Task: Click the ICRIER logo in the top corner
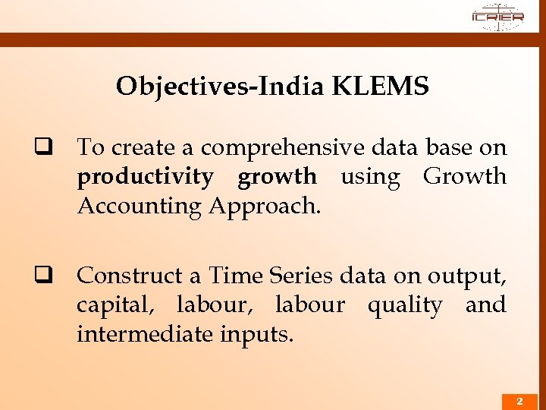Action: click(x=497, y=17)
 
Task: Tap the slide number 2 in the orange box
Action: click(x=519, y=401)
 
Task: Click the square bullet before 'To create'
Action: click(x=53, y=147)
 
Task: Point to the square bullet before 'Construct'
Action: click(x=53, y=275)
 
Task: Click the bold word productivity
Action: click(x=145, y=176)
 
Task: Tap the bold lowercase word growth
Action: click(x=277, y=176)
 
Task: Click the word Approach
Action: click(x=264, y=205)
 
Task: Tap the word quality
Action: click(x=405, y=304)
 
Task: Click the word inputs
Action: click(x=256, y=333)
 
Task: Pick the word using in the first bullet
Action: click(x=370, y=176)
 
